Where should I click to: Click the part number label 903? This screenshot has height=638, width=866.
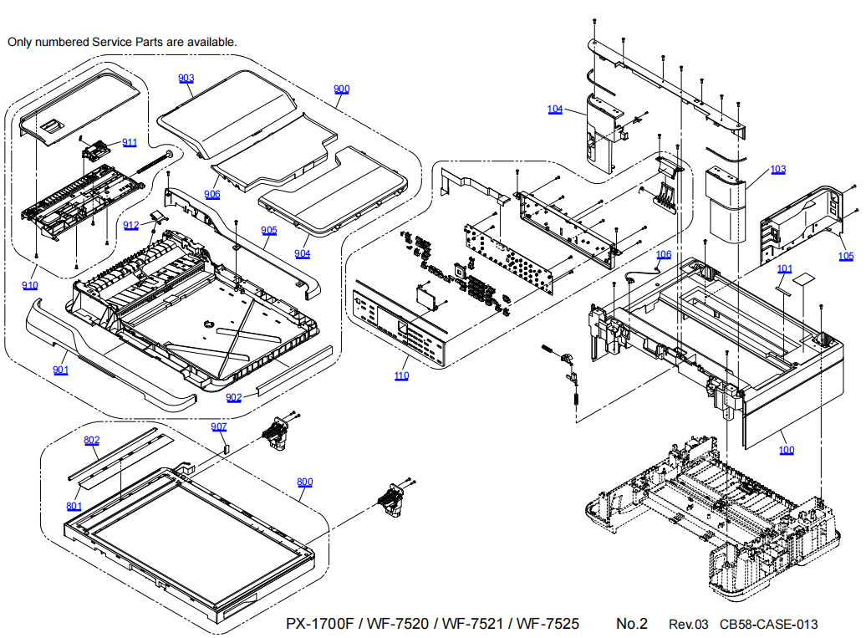tap(186, 78)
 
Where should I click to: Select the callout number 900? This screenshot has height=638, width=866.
tap(341, 89)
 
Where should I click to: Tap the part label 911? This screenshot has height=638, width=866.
tap(130, 141)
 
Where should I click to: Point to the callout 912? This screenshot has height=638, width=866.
tap(131, 225)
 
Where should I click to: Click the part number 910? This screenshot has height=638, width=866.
tap(30, 285)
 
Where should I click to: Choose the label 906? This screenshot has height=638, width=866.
tap(211, 194)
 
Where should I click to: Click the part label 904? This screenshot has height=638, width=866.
tap(302, 253)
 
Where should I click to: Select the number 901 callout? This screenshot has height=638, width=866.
tap(60, 370)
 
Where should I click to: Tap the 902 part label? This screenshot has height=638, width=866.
tap(234, 397)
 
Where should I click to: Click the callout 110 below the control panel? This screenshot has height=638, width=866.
tap(401, 375)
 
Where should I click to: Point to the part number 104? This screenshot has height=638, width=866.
tap(555, 110)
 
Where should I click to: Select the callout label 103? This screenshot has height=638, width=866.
tap(778, 169)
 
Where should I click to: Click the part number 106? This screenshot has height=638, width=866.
tap(663, 253)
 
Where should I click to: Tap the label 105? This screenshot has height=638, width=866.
tap(847, 256)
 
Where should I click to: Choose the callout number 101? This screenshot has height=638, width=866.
tap(784, 268)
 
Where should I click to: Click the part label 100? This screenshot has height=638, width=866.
tap(787, 450)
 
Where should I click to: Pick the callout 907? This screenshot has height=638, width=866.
tap(218, 426)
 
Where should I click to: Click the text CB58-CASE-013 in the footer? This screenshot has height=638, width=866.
tap(768, 625)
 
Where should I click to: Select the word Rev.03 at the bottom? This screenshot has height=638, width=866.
tap(688, 625)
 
